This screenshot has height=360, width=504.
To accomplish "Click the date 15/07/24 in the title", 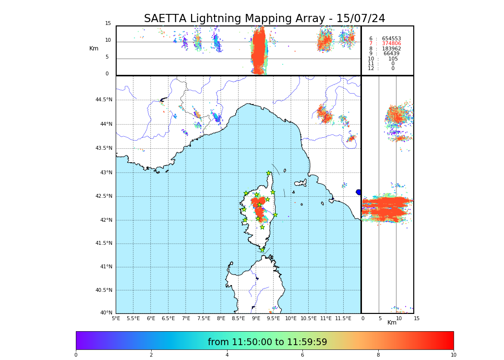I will pyautogui.click(x=360, y=19).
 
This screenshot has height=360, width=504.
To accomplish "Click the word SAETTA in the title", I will pyautogui.click(x=166, y=19).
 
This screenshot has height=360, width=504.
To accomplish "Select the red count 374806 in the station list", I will pyautogui.click(x=391, y=44).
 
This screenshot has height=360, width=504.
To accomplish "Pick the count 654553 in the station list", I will pyautogui.click(x=391, y=39).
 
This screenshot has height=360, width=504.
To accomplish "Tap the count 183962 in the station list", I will pyautogui.click(x=391, y=49).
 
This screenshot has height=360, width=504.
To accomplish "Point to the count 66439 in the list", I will pyautogui.click(x=391, y=54).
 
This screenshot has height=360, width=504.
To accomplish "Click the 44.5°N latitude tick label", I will pyautogui.click(x=104, y=100).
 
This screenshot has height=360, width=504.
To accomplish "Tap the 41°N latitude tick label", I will pyautogui.click(x=106, y=267).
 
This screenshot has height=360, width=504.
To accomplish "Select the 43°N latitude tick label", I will pyautogui.click(x=106, y=173).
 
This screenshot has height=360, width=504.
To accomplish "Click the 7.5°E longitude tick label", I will pyautogui.click(x=204, y=318).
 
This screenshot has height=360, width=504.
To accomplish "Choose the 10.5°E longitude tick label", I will pyautogui.click(x=309, y=318).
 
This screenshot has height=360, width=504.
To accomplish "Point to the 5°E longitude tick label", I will pyautogui.click(x=116, y=318).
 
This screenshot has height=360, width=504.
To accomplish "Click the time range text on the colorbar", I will pyautogui.click(x=267, y=342).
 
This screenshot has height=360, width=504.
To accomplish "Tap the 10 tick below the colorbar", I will pyautogui.click(x=453, y=355).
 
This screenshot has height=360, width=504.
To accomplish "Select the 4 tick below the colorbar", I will pyautogui.click(x=227, y=355).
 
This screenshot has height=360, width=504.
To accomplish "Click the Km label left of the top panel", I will pyautogui.click(x=94, y=48).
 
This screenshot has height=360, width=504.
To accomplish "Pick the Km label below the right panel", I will pyautogui.click(x=392, y=323).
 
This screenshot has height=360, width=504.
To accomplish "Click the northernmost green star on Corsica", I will pyautogui.click(x=269, y=173).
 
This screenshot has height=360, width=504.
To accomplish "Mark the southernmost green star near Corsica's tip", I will pyautogui.click(x=262, y=250).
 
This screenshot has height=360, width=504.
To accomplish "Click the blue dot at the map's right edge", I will pyautogui.click(x=359, y=192).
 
